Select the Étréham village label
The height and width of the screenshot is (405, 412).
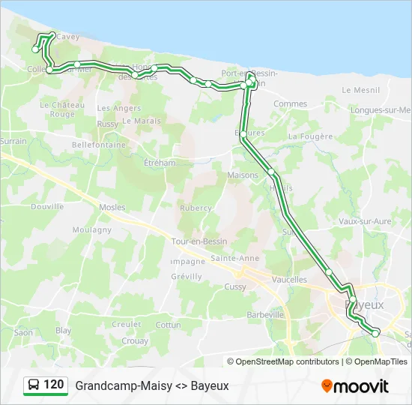tap(160, 162)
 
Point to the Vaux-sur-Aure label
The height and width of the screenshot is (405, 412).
tap(365, 221)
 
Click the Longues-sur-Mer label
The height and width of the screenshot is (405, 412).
tap(384, 109)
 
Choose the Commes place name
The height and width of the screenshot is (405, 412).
tap(290, 104)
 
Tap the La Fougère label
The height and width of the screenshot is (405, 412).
tap(309, 136)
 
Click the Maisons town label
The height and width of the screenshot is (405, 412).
tap(242, 175)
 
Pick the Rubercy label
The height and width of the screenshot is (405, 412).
tap(196, 208)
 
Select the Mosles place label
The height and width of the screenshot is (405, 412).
tap(112, 207)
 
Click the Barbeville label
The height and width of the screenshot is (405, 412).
tap(265, 315)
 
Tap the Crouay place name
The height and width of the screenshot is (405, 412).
tap(135, 340)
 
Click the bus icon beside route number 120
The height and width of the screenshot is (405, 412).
tap(34, 385)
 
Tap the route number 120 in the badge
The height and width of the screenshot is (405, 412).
tap(54, 385)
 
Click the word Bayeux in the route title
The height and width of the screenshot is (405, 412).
tap(210, 386)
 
